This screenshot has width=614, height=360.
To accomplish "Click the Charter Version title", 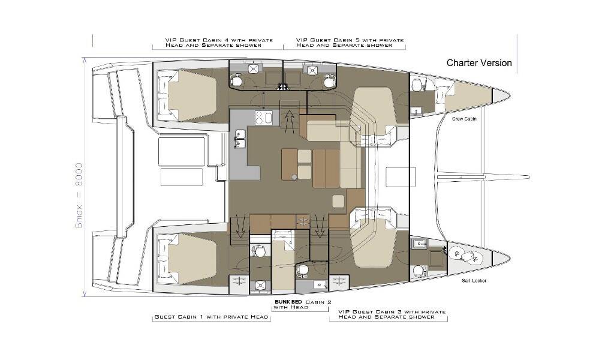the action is tap(479, 63).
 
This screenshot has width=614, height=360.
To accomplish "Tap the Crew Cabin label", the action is tap(464, 119).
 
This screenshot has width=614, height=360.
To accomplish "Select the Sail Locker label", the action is tap(474, 280).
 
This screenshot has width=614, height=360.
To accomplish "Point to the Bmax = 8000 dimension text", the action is tap(79, 196).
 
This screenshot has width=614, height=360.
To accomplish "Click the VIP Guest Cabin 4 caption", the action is tap(219, 43).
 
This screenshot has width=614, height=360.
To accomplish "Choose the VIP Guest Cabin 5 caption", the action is tap(350, 43).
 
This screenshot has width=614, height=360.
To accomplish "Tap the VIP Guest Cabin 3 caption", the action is tap(392, 314).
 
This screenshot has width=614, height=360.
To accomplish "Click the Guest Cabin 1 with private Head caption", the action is tap(212, 317).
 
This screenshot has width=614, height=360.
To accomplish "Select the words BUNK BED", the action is tap(288, 302).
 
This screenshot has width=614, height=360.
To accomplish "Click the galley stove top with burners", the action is tap(264, 118).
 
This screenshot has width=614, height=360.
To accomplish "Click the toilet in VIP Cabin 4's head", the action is tap(236, 80).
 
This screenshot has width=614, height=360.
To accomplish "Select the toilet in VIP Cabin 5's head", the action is tap(329, 81).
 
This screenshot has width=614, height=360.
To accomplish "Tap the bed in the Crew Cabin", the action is tap(463, 97).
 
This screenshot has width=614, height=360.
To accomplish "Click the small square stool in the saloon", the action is tap(339, 202).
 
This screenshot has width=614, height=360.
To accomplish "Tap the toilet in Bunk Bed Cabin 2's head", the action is tap(302, 270).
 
